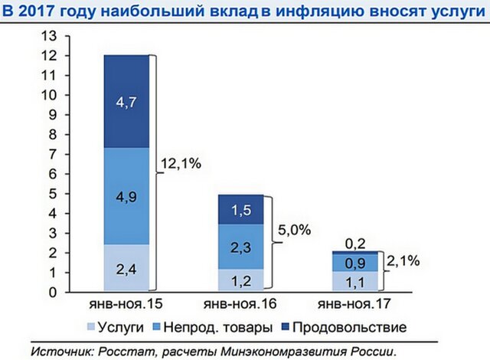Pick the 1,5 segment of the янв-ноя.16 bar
(x=241, y=208)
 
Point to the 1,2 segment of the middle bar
(x=241, y=280)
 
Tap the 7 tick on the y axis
(x=53, y=154)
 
